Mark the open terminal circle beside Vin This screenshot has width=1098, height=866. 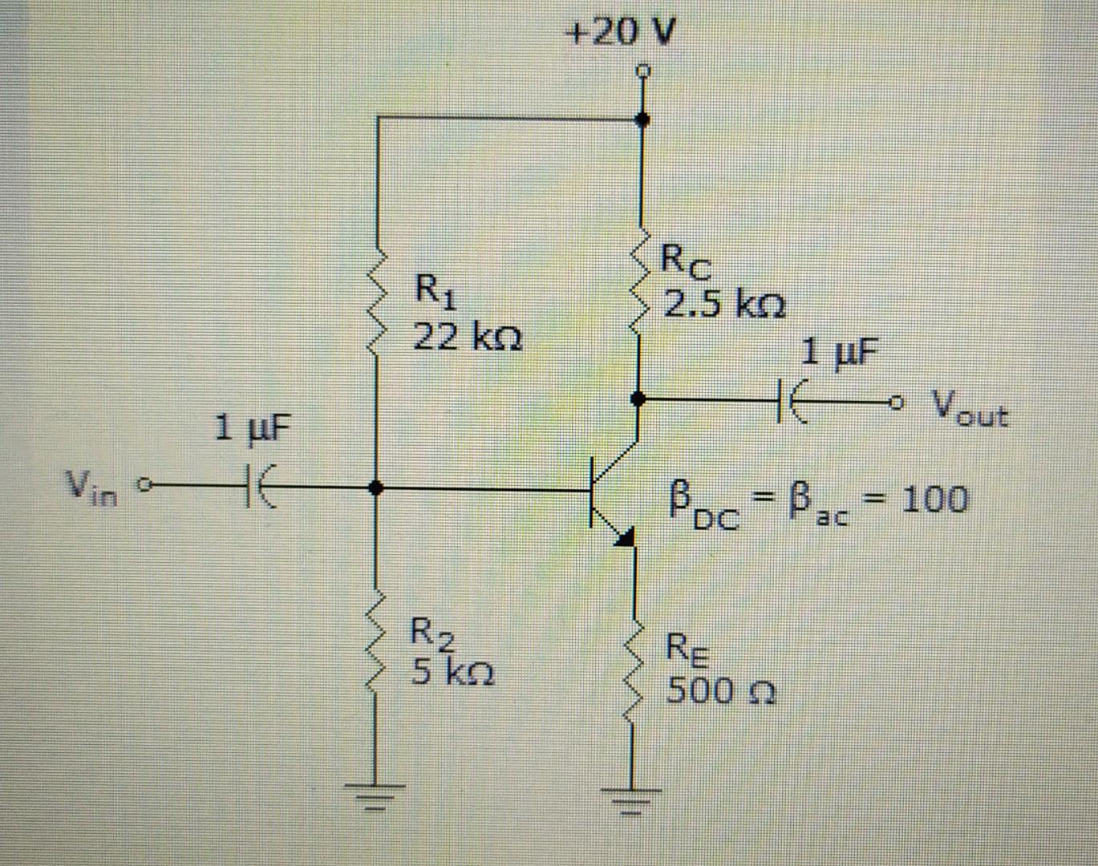point(144,485)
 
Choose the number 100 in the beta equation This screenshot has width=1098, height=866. point(934,499)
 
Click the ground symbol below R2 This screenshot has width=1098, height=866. point(375,797)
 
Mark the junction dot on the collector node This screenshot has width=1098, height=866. point(638,398)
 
